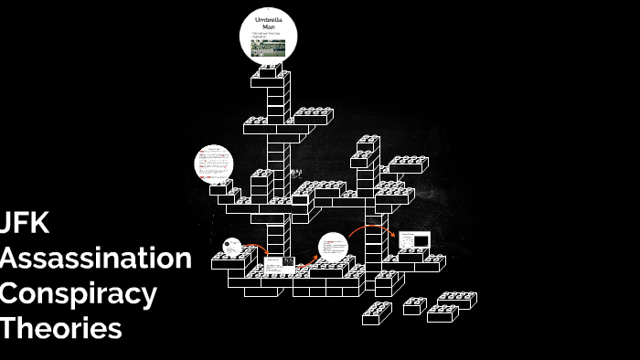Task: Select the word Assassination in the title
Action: (x=96, y=259)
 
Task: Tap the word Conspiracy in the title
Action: (x=79, y=293)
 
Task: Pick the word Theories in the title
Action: (x=61, y=328)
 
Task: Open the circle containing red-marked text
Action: (x=214, y=164)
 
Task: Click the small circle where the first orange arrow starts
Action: (x=232, y=247)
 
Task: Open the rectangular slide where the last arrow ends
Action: (x=413, y=241)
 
